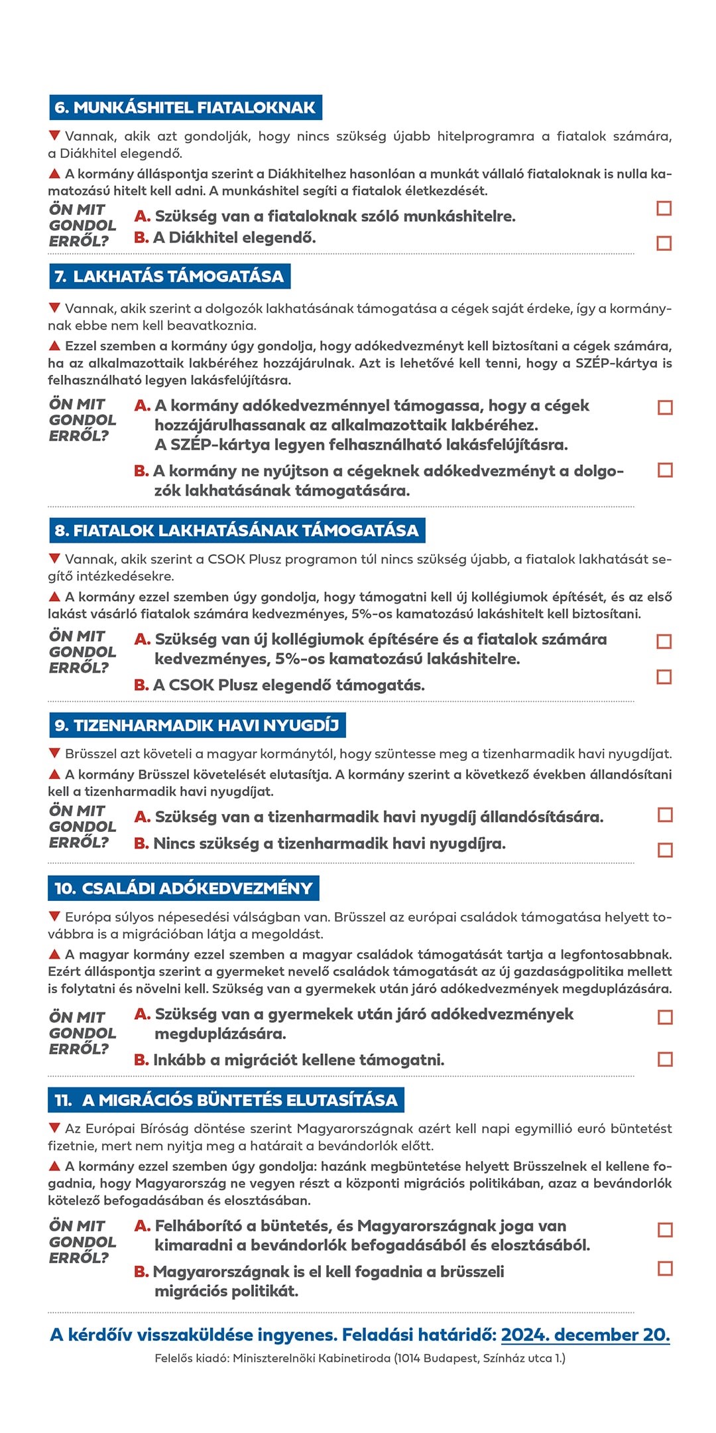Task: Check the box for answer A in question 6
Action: click(664, 208)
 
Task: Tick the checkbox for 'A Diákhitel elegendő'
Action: click(664, 243)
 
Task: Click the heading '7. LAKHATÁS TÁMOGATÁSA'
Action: click(170, 276)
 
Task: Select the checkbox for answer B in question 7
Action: click(665, 470)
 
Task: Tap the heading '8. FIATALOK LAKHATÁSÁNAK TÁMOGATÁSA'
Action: click(237, 530)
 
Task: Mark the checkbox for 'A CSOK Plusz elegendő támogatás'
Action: click(664, 676)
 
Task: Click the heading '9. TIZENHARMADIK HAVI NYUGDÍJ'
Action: click(197, 725)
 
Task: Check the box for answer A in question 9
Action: click(665, 815)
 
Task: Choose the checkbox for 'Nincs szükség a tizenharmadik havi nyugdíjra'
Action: click(665, 850)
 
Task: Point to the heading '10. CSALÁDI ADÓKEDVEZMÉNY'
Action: click(184, 888)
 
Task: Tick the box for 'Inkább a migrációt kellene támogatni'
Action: click(665, 1059)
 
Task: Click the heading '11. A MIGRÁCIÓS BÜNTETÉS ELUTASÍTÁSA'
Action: click(226, 1100)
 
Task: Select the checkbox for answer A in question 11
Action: click(665, 1229)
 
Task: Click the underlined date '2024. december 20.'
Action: click(585, 1335)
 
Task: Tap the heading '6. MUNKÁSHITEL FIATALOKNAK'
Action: click(185, 107)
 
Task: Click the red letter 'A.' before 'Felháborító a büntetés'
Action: click(143, 1226)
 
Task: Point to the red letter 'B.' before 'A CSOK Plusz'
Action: click(141, 685)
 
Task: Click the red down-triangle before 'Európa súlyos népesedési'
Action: click(55, 916)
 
